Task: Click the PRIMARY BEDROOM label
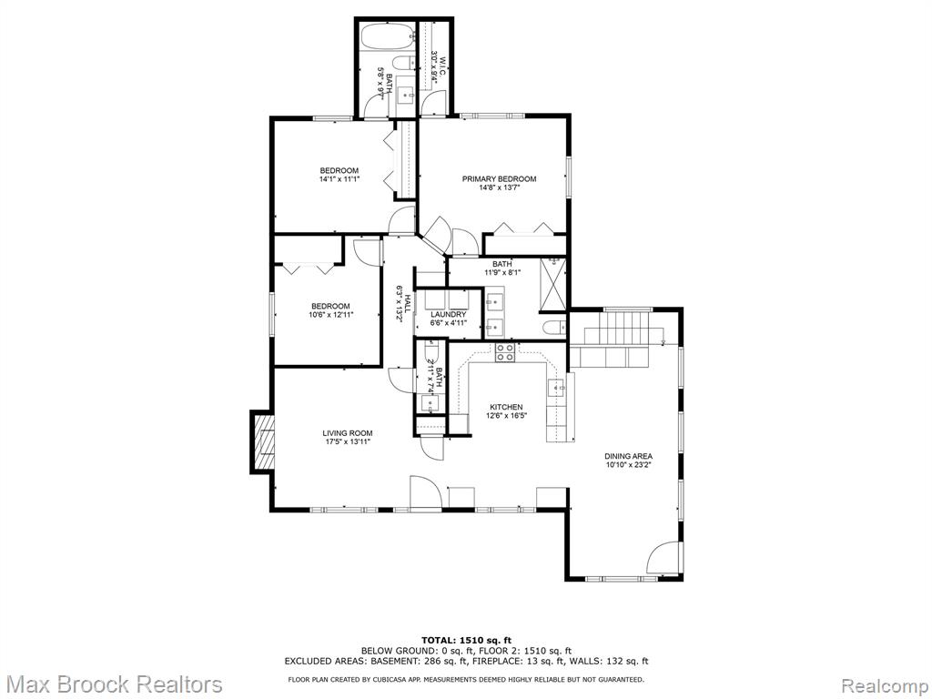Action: pyautogui.click(x=500, y=179)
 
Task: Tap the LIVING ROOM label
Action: pyautogui.click(x=348, y=433)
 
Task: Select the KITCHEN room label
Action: pyautogui.click(x=506, y=407)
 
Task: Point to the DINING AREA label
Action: pyautogui.click(x=628, y=457)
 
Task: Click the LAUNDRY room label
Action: pyautogui.click(x=448, y=314)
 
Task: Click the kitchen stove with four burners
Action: pyautogui.click(x=504, y=352)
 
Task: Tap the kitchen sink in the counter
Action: pyautogui.click(x=558, y=388)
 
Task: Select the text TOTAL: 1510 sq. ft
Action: pyautogui.click(x=467, y=640)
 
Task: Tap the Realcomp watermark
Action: pyautogui.click(x=886, y=684)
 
